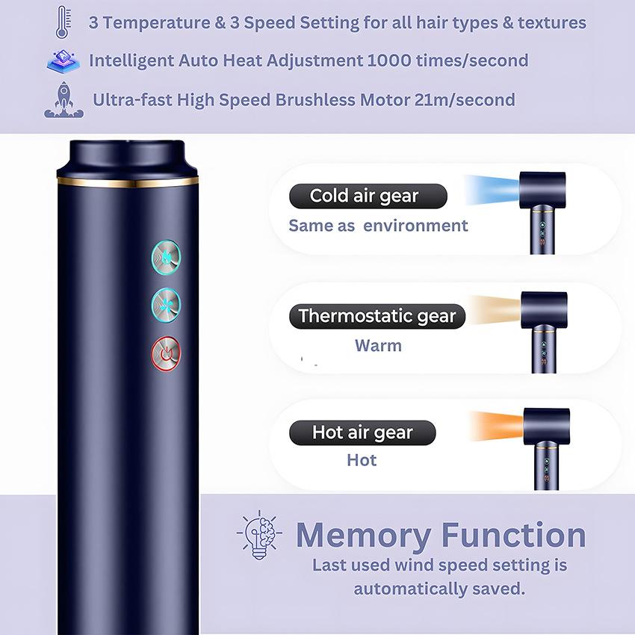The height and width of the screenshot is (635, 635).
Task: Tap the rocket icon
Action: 63,100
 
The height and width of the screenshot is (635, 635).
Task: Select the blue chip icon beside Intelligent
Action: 63,61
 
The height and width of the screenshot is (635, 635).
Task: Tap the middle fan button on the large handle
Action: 165,303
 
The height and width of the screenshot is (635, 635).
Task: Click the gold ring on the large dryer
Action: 128,181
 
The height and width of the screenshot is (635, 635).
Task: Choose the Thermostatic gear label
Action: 377,316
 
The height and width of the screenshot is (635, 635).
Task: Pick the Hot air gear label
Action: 362,433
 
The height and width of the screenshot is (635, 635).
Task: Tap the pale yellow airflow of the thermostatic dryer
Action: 493,307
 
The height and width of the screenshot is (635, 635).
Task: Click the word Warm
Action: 378,346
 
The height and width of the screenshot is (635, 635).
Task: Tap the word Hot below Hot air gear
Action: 362,460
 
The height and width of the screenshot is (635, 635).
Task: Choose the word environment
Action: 415,226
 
